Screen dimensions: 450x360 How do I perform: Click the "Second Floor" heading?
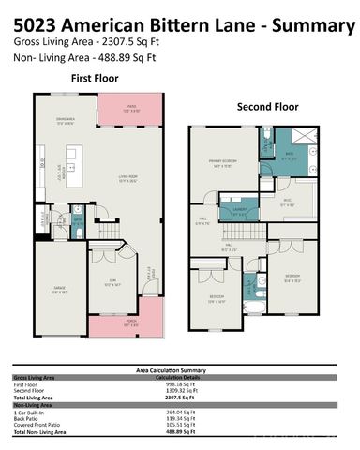[266, 106]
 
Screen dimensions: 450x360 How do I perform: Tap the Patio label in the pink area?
[132, 109]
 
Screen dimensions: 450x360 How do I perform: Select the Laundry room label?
[241, 212]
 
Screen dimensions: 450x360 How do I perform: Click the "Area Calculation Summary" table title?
[179, 371]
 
